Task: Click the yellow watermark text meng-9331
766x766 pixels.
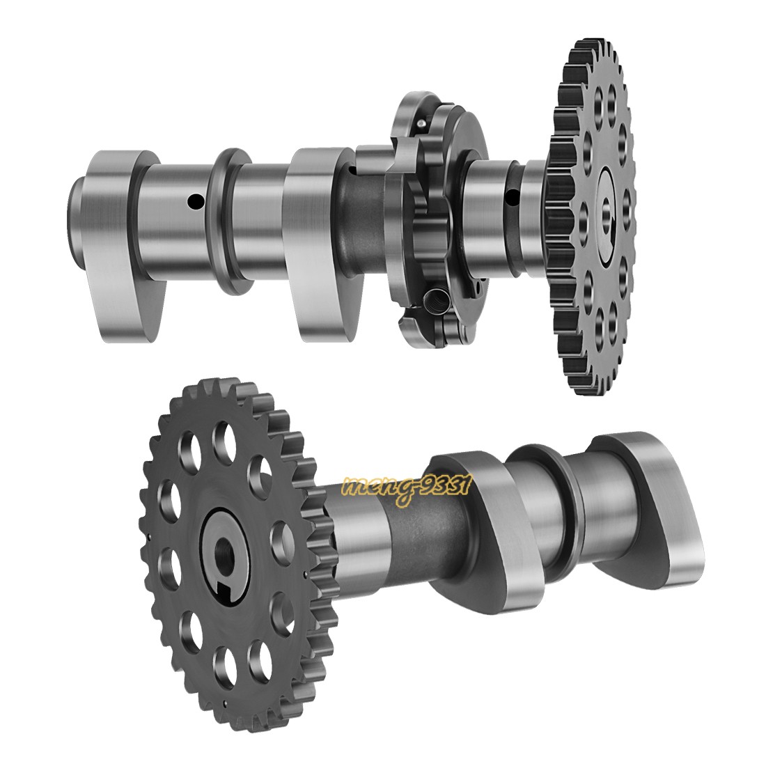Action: pyautogui.click(x=408, y=488)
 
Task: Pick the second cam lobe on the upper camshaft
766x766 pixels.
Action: pyautogui.click(x=313, y=237)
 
